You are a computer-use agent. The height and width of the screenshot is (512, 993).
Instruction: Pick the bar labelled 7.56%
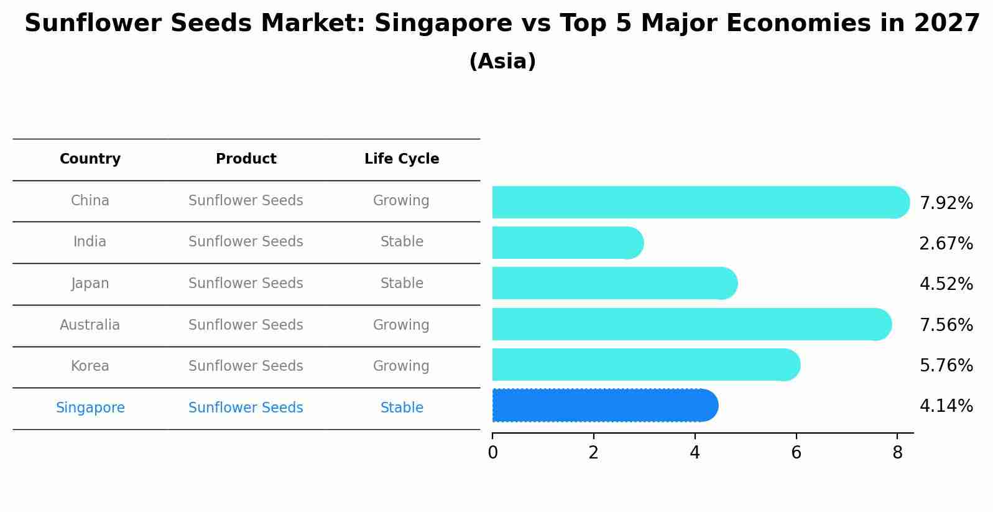click(691, 324)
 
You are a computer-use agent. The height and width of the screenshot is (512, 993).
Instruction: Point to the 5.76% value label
click(946, 365)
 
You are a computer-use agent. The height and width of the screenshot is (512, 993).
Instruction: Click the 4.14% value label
click(946, 406)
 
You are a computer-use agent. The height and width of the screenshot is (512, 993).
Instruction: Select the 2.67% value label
click(946, 243)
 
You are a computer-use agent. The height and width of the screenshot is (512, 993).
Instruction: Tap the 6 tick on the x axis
click(796, 453)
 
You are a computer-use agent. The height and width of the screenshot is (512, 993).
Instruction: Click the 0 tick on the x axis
click(492, 453)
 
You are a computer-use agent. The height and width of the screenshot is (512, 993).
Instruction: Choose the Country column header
click(90, 159)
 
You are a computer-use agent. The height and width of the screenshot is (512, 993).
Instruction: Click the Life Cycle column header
click(402, 159)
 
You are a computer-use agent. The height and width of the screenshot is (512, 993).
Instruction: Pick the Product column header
click(246, 159)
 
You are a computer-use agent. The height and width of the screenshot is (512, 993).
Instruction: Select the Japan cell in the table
click(90, 284)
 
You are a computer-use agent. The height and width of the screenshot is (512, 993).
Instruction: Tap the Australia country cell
click(90, 325)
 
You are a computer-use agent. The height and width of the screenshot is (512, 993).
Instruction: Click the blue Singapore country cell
click(90, 408)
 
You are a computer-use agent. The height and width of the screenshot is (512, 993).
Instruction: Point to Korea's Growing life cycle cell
click(401, 366)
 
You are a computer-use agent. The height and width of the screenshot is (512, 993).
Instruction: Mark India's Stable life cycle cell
click(402, 242)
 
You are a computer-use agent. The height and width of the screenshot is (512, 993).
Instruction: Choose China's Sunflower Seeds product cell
click(246, 201)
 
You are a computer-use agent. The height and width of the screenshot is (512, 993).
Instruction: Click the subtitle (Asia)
click(502, 62)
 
